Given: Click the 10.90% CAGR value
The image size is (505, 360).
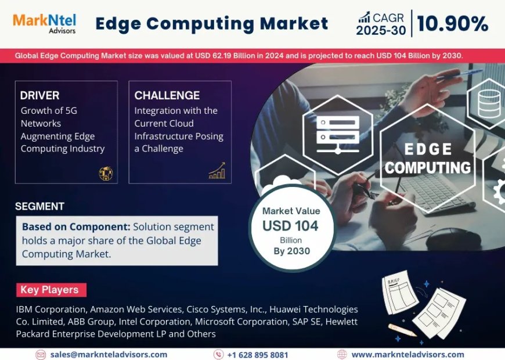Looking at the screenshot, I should pos(452,24).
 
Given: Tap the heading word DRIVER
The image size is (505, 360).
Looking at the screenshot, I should pos(39,95).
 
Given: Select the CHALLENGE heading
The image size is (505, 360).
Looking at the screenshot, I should pos(167,95).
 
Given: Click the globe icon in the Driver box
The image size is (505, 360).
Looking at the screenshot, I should pos(106,173).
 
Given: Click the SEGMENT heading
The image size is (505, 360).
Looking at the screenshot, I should pos(39,206).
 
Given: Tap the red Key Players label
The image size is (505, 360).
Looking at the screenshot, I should pos(50,290).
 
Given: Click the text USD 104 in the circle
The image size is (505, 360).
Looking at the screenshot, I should pos(290,226).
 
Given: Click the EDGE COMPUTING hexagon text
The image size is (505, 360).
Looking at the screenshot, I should pos(428,159).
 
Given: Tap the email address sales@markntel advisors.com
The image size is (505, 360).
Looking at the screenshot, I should pos(109,354).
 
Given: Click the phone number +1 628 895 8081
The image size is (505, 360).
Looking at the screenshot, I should pos(257,354).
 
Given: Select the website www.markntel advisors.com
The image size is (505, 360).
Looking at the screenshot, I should pos(407,354).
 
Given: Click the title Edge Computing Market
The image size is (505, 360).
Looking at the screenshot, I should pos(211,23).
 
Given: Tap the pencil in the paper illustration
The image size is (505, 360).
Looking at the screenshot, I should pos(402,329).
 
